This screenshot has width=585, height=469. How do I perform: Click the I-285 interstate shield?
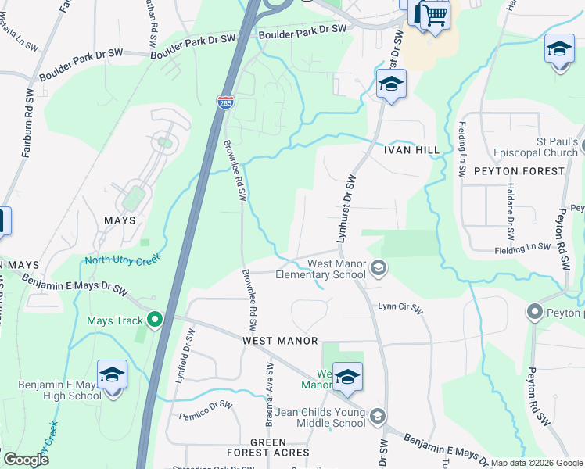click(x=224, y=102)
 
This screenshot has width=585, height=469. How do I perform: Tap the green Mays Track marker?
click(x=155, y=319)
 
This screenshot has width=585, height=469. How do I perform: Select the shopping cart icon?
click(x=435, y=16)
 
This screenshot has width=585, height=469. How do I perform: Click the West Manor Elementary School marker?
click(x=378, y=269)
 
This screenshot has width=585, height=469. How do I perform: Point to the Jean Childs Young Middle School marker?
click(x=378, y=416)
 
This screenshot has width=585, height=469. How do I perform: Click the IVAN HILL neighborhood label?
click(x=407, y=149)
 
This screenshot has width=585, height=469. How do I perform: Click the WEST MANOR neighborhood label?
click(x=280, y=341)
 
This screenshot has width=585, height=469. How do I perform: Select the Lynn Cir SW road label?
click(x=400, y=309)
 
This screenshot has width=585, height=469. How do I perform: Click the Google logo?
click(x=26, y=460)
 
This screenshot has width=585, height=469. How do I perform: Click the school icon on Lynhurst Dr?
click(x=391, y=84)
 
